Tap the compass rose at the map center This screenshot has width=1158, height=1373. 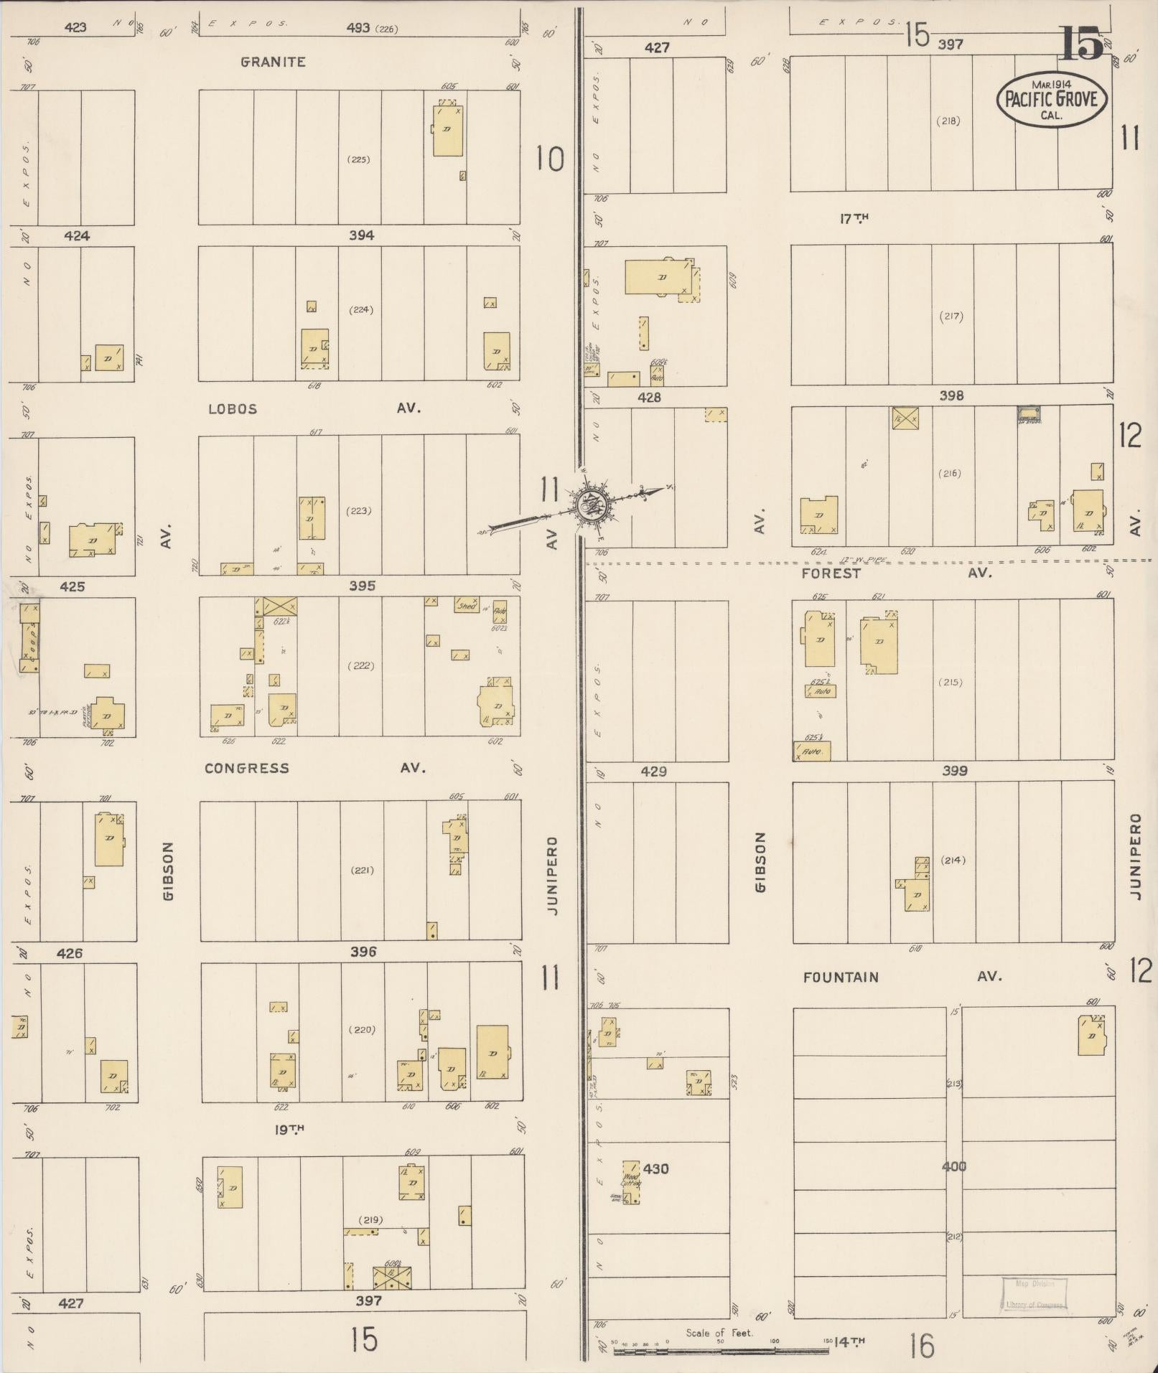coord(592,505)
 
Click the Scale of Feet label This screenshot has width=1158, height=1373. coord(719,1333)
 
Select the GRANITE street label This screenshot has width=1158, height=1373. coord(273,62)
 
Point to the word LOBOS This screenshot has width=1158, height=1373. coord(233,409)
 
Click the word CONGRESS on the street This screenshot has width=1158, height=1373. coord(247,768)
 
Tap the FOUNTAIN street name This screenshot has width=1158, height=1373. coord(841,977)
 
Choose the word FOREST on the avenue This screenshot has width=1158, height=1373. coord(831,573)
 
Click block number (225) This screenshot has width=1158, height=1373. coord(358,159)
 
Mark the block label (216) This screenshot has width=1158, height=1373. coord(949,474)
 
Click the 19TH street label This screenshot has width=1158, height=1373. coord(289,1129)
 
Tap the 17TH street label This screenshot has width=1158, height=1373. coord(854,219)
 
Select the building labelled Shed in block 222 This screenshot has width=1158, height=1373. coord(467,606)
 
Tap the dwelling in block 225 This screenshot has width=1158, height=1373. coord(447,129)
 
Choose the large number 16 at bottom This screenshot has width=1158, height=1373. coord(921,1346)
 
